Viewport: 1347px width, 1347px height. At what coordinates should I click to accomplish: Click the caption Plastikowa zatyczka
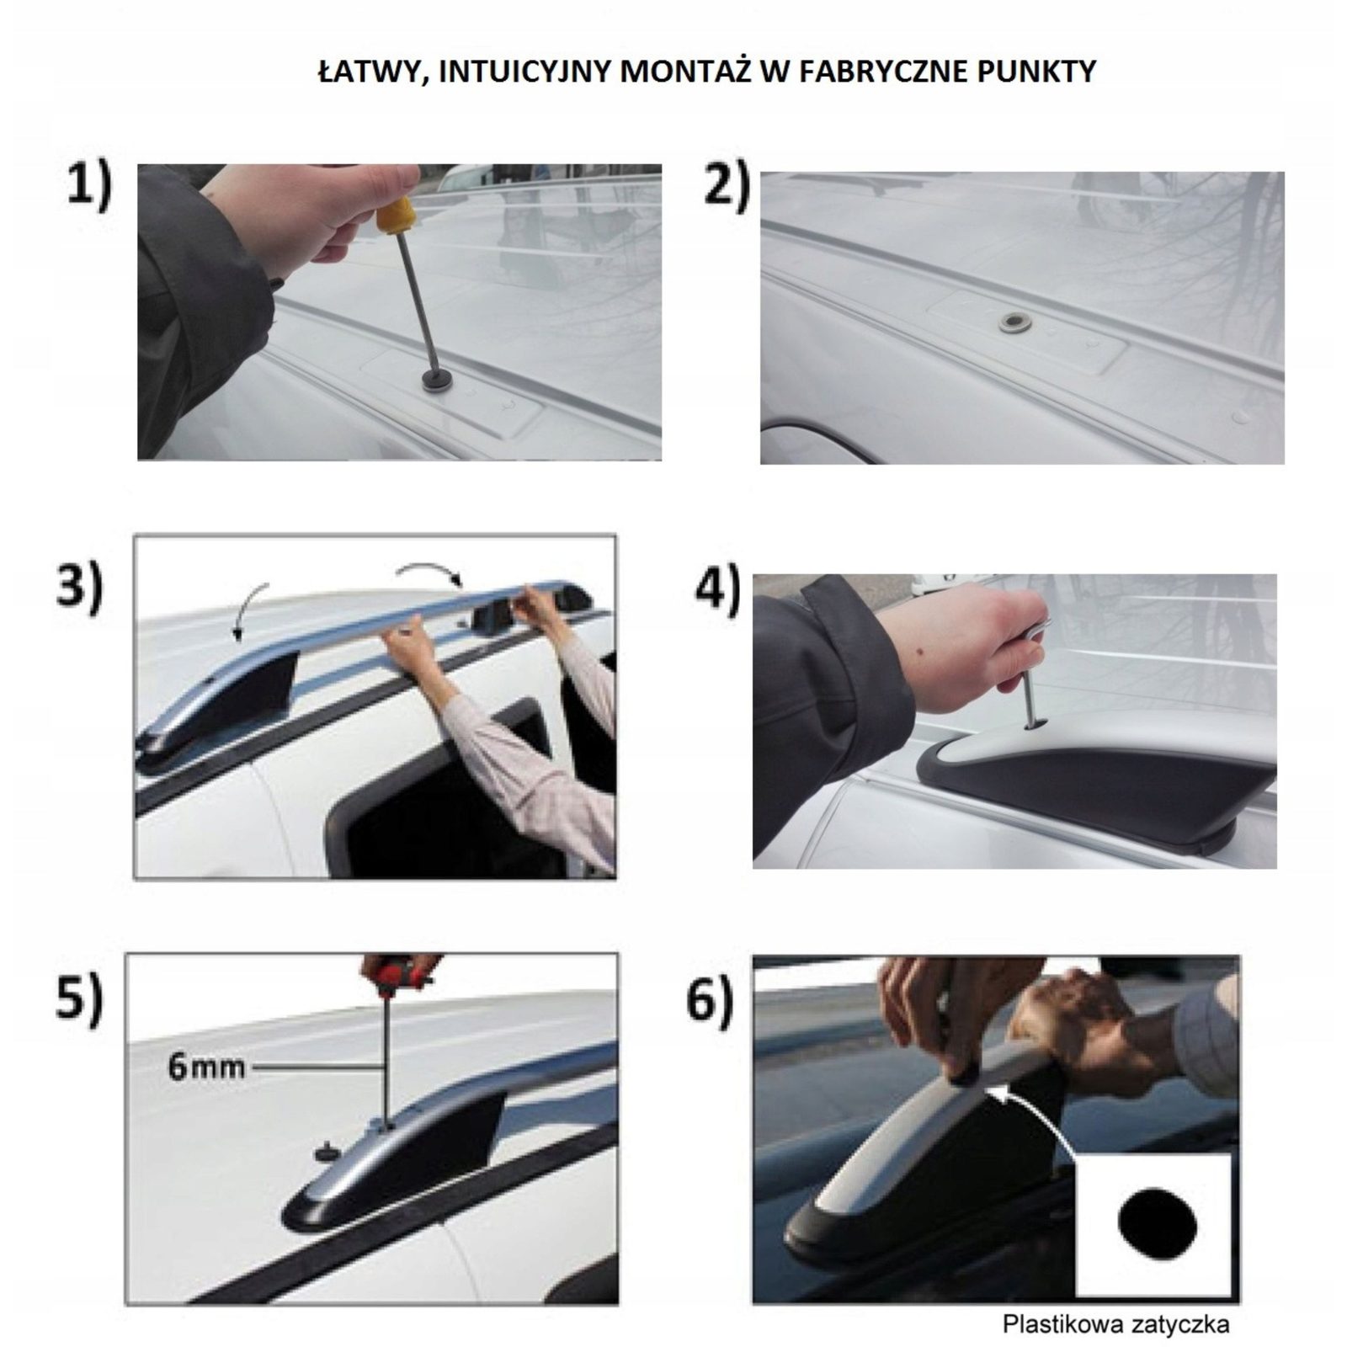pos(1115,1323)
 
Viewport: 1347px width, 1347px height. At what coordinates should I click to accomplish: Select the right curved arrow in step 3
pos(431,570)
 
